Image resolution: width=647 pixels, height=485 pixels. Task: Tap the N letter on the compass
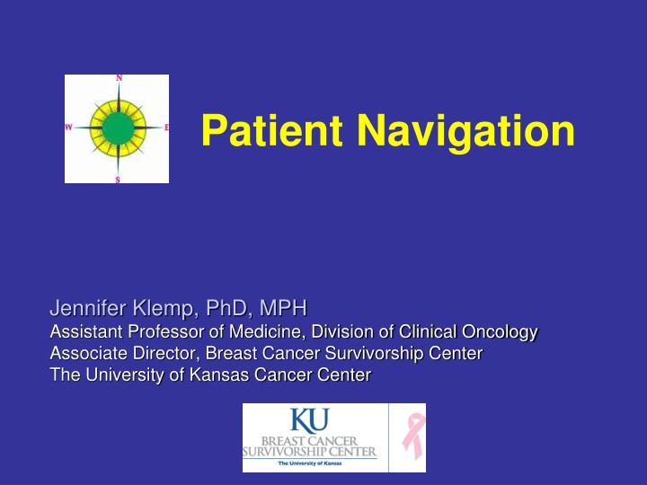[118, 79]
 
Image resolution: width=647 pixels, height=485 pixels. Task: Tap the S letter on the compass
[118, 179]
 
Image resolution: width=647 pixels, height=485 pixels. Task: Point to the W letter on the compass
[69, 128]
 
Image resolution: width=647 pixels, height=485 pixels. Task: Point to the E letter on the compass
[166, 128]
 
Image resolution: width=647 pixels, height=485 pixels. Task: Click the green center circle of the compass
[118, 128]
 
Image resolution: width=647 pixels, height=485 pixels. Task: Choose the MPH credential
[282, 310]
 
